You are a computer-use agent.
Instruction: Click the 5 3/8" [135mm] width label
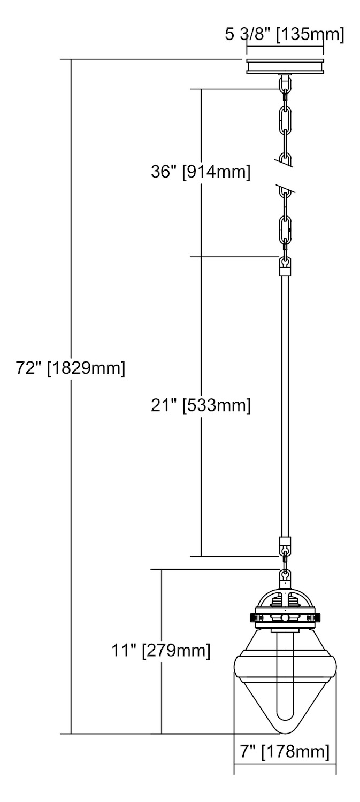285,35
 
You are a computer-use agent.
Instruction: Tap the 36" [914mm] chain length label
201,172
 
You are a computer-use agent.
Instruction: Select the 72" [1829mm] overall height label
71,368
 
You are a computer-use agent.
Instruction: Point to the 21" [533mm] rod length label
201,406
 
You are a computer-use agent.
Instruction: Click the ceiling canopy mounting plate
285,66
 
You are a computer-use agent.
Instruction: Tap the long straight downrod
285,406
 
